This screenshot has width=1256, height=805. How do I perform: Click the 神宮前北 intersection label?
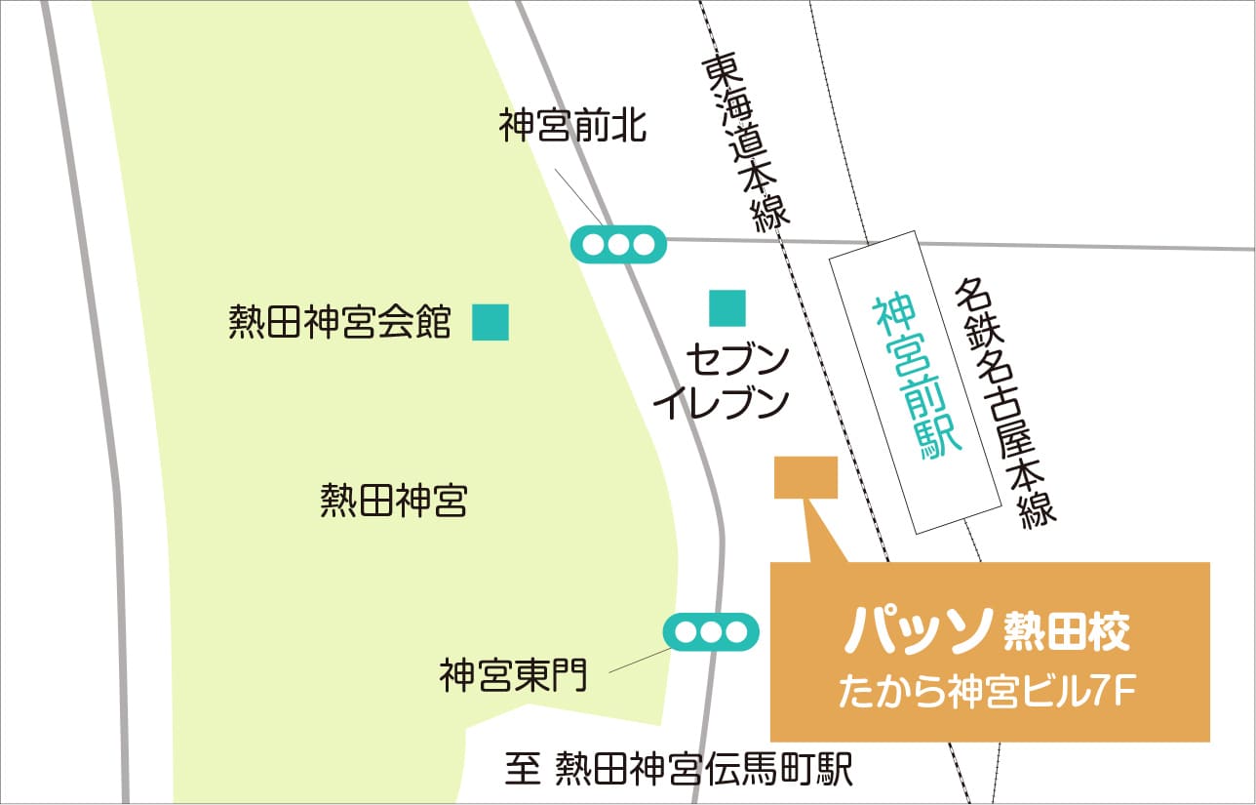point(572,127)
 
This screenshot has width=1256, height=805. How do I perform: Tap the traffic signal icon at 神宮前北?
point(618,244)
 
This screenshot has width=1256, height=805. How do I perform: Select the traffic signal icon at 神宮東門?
point(711,632)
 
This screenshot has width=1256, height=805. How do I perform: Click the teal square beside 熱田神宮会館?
point(491,322)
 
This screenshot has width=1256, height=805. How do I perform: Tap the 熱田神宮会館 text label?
point(340,321)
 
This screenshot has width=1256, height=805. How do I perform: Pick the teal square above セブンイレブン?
point(727,308)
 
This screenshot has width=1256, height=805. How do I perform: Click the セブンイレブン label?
point(722,382)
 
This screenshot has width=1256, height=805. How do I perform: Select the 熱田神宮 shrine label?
point(394,503)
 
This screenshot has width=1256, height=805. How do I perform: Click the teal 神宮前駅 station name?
point(917,376)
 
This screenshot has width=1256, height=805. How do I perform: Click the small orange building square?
point(805,478)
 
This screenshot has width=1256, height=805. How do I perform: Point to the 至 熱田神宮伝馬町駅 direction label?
point(679,770)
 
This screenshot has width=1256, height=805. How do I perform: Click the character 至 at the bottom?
point(523,770)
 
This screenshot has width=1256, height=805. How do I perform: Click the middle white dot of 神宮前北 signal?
point(618,244)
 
